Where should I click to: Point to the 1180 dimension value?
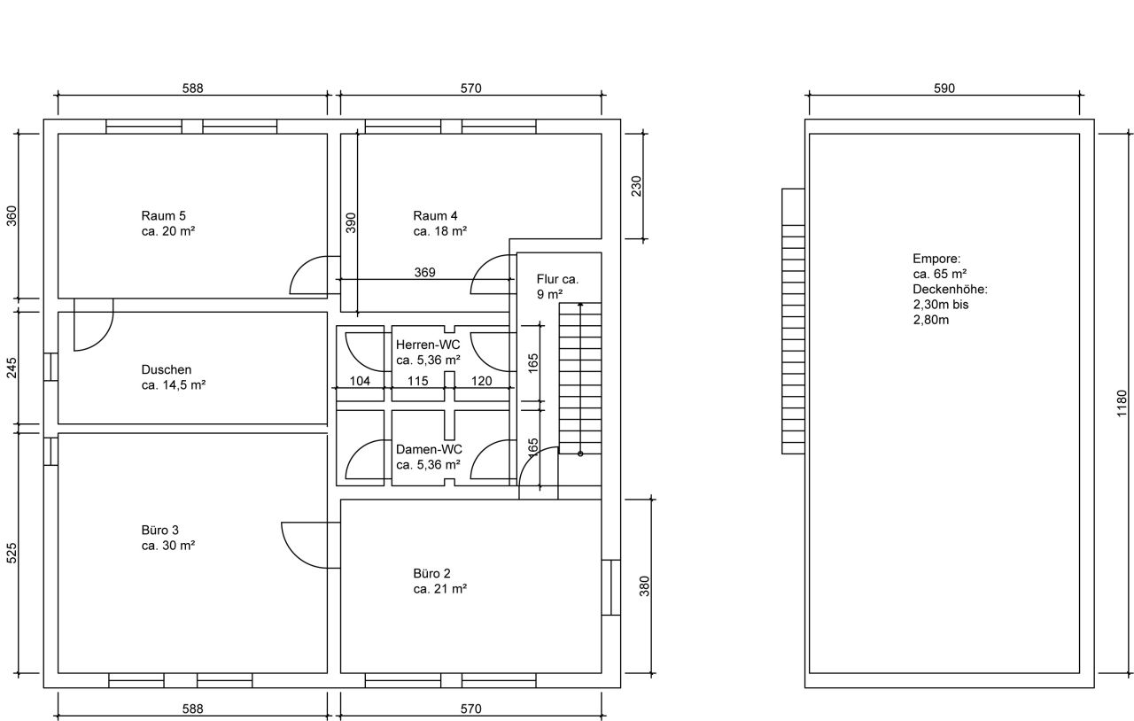tap(1122, 404)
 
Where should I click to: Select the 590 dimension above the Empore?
tap(944, 89)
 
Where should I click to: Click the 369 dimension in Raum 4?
tap(424, 273)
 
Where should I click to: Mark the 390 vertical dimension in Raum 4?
tap(350, 222)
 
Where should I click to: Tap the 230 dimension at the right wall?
tap(636, 186)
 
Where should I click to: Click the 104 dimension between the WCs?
tap(360, 381)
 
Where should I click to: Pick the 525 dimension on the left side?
tap(12, 554)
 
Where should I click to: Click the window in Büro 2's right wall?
tap(610, 588)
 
